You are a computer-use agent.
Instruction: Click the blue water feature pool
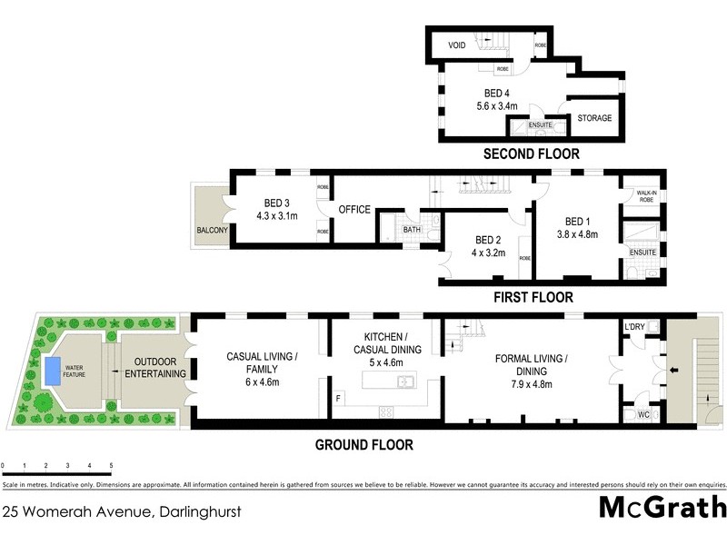click(x=53, y=369)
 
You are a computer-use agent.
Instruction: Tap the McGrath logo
click(x=662, y=508)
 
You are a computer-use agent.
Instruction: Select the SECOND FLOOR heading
click(x=531, y=154)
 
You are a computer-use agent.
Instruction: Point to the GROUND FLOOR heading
click(x=363, y=444)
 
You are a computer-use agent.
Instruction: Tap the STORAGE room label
click(x=595, y=118)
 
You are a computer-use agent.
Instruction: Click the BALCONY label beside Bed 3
click(x=212, y=231)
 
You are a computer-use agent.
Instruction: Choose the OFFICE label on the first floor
click(x=354, y=210)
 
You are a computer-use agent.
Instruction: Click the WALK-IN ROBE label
click(x=646, y=196)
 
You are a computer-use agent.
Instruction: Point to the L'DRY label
click(x=634, y=326)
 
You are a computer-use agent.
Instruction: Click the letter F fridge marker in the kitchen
click(x=338, y=398)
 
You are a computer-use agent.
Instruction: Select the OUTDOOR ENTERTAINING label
click(x=154, y=367)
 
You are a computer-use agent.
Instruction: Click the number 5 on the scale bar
click(x=111, y=465)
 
